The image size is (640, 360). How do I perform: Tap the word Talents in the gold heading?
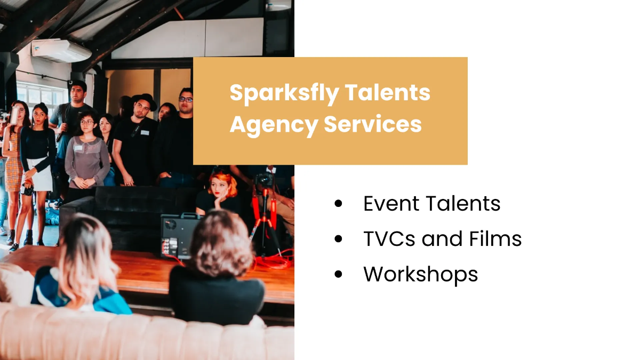(388, 92)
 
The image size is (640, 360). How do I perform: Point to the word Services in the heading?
(373, 124)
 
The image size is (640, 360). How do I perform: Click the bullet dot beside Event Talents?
(338, 204)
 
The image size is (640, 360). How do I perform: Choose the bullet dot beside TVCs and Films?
(338, 239)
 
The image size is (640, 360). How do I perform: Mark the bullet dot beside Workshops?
(338, 274)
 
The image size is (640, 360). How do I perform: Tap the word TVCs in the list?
(390, 239)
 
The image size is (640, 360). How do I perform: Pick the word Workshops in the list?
(420, 274)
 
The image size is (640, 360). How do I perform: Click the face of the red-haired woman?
(219, 187)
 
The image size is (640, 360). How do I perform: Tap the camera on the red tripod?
(265, 179)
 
